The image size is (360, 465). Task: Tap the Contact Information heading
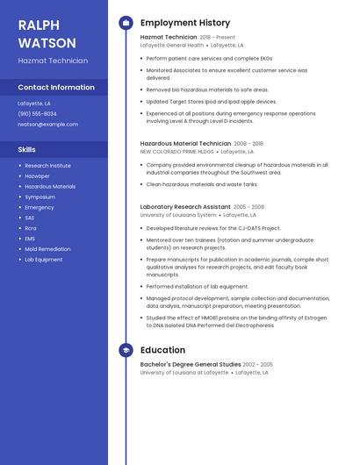56,88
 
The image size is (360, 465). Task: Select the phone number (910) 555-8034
37,114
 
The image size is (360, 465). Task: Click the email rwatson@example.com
47,125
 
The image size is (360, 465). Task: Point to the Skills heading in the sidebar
26,150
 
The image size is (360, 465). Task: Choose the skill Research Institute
47,166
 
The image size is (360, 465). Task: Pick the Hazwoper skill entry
37,176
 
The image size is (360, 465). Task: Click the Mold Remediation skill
47,249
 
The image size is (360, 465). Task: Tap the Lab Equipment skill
43,260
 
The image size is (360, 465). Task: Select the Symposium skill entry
40,197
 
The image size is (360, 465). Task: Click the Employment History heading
185,23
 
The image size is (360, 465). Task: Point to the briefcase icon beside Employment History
126,23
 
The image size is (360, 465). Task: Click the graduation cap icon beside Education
126,350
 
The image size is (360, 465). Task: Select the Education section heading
162,350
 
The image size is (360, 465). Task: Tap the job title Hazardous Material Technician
185,143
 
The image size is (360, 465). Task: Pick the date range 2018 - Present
218,38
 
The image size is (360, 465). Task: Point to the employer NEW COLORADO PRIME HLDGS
177,152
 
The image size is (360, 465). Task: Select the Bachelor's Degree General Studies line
190,364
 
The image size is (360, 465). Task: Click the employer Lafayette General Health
172,46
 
